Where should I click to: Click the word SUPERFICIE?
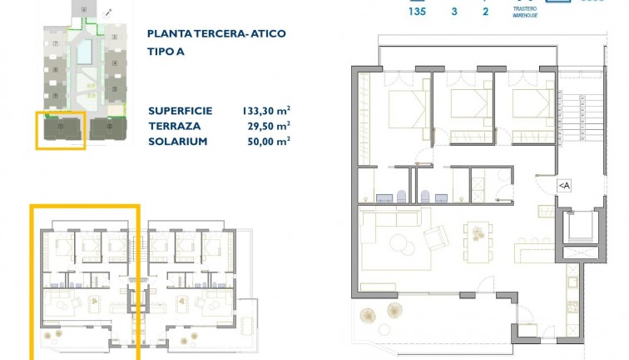pyautogui.click(x=180, y=111)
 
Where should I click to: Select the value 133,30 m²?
pyautogui.click(x=264, y=111)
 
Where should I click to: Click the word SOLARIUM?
pyautogui.click(x=176, y=142)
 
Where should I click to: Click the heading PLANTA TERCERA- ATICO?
pyautogui.click(x=215, y=34)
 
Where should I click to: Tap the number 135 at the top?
pyautogui.click(x=418, y=12)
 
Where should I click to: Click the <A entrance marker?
pyautogui.click(x=563, y=185)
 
